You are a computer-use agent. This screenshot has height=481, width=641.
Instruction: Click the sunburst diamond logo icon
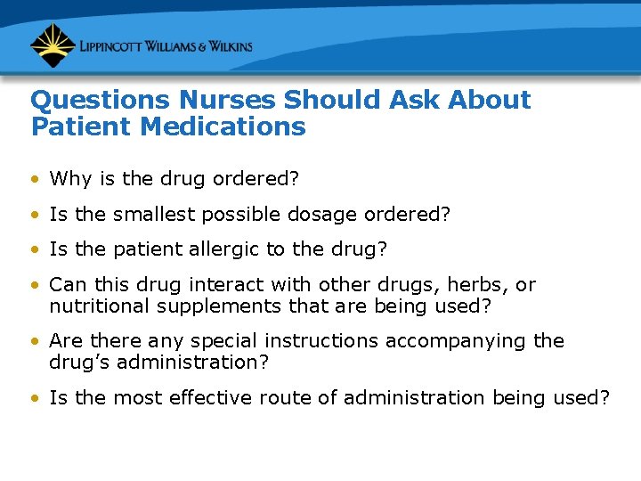coord(53,45)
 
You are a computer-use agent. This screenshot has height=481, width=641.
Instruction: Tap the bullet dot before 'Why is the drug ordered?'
coord(35,180)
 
